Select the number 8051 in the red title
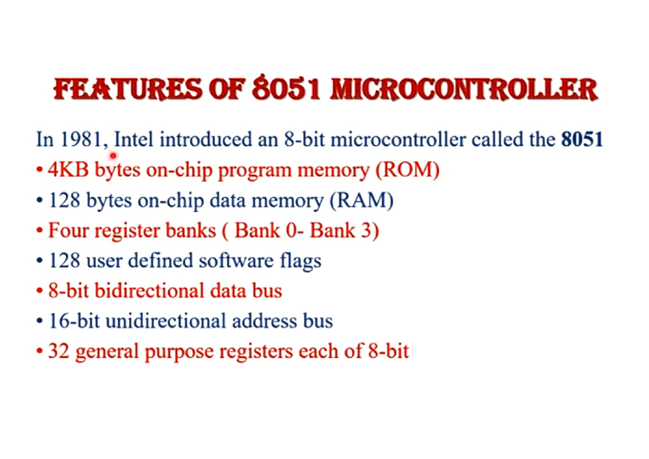tap(286, 88)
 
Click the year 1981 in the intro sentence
tap(82, 139)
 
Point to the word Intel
tap(134, 139)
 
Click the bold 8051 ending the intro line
tap(582, 139)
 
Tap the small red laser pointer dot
tap(113, 156)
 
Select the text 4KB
tap(68, 169)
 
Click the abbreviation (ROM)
tap(407, 170)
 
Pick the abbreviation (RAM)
tap(362, 200)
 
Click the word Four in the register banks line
tap(68, 230)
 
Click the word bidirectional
tap(149, 290)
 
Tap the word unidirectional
tap(165, 321)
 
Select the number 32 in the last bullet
tap(58, 351)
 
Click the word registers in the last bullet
tap(256, 351)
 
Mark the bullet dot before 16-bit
tap(39, 321)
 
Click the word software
tap(236, 261)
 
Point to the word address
tap(264, 321)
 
